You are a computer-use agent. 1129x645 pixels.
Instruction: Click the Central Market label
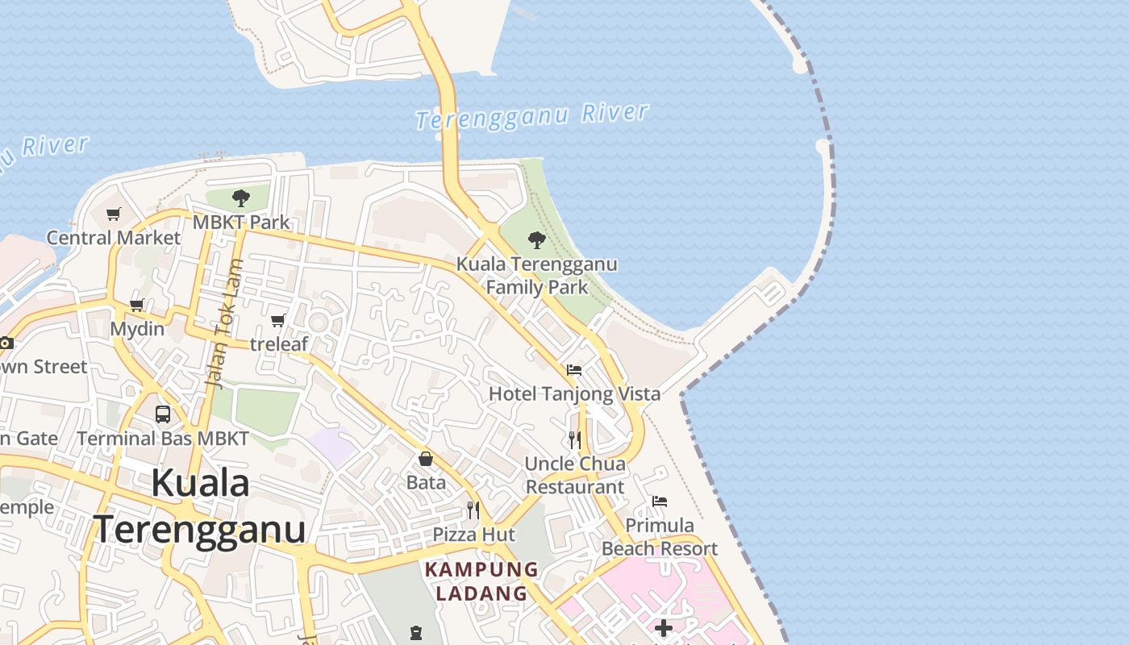[x=113, y=238]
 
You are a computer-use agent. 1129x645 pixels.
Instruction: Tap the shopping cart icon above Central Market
[x=113, y=214]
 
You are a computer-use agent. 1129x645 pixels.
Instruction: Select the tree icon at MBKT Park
[x=240, y=198]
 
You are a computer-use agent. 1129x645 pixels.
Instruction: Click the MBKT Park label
[x=241, y=222]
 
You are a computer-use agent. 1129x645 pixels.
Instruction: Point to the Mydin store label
[x=137, y=329]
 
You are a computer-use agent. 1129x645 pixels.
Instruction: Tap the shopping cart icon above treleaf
[x=278, y=321]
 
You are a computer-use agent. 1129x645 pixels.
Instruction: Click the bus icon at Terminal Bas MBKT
[x=162, y=414]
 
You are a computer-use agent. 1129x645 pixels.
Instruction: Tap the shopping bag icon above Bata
[x=426, y=460]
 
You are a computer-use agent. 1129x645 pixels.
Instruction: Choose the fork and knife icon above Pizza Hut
[x=473, y=510]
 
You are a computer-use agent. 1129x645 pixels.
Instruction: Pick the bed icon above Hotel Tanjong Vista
[x=574, y=370]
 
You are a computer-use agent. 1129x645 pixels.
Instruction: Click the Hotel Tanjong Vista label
[x=574, y=393]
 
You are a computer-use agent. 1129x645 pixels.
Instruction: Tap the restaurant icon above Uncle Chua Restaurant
[x=574, y=439]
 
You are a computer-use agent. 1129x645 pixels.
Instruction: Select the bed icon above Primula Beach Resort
[x=660, y=501]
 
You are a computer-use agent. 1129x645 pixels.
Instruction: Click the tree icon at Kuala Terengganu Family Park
[x=536, y=240]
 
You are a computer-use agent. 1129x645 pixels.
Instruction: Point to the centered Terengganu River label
[x=532, y=115]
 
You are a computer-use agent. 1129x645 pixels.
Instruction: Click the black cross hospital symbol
[x=664, y=628]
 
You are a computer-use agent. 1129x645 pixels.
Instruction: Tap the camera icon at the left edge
[x=6, y=343]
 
